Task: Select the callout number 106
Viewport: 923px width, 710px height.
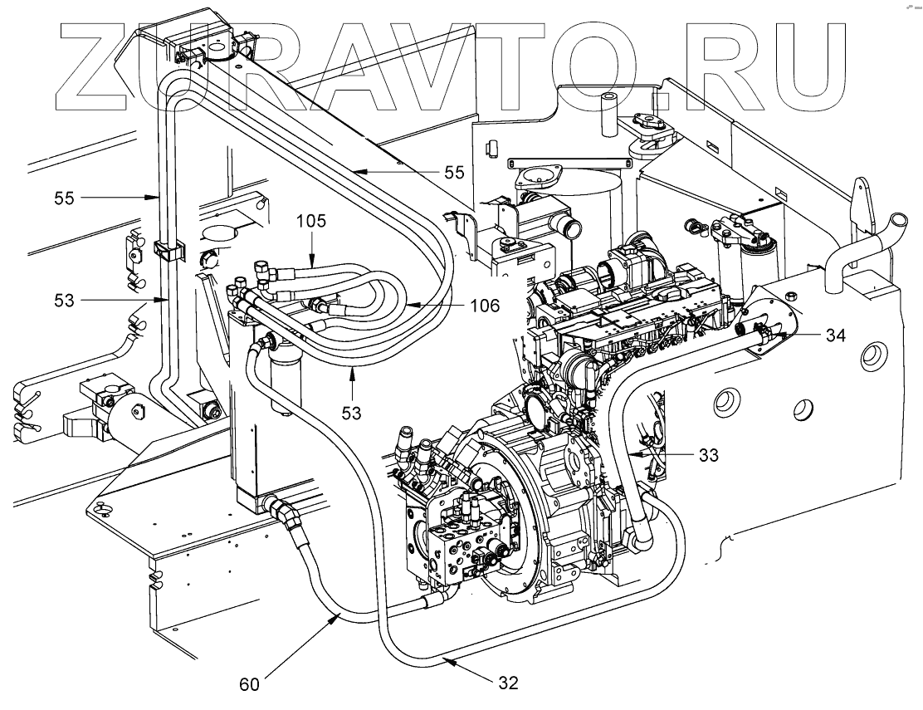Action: (x=483, y=306)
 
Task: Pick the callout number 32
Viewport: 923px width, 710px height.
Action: (x=508, y=683)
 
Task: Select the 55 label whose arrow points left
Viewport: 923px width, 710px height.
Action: (x=452, y=173)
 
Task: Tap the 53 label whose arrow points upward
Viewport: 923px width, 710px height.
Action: (x=354, y=412)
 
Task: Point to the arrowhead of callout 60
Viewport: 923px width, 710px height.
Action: (x=338, y=612)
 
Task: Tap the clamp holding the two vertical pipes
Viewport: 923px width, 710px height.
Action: (x=166, y=250)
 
